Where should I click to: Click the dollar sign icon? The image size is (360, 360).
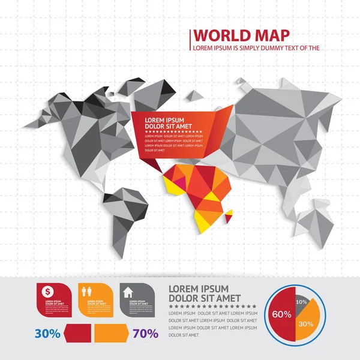pos(47,292)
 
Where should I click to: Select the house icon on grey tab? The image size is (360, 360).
pos(128,292)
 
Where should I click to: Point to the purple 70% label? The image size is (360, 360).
pos(145,333)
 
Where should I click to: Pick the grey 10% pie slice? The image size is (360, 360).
pos(301,297)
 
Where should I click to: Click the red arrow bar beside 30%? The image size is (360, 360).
pos(78,332)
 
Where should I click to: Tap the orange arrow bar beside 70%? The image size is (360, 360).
pos(112,332)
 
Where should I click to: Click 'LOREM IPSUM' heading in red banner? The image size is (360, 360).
pos(164,120)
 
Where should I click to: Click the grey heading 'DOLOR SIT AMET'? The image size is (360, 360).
pos(205,298)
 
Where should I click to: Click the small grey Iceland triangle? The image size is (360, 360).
pos(194,95)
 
